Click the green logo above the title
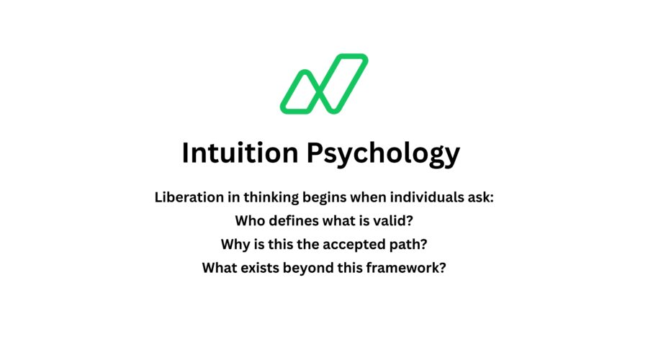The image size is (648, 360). pos(323,84)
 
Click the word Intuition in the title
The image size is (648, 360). pos(240,153)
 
